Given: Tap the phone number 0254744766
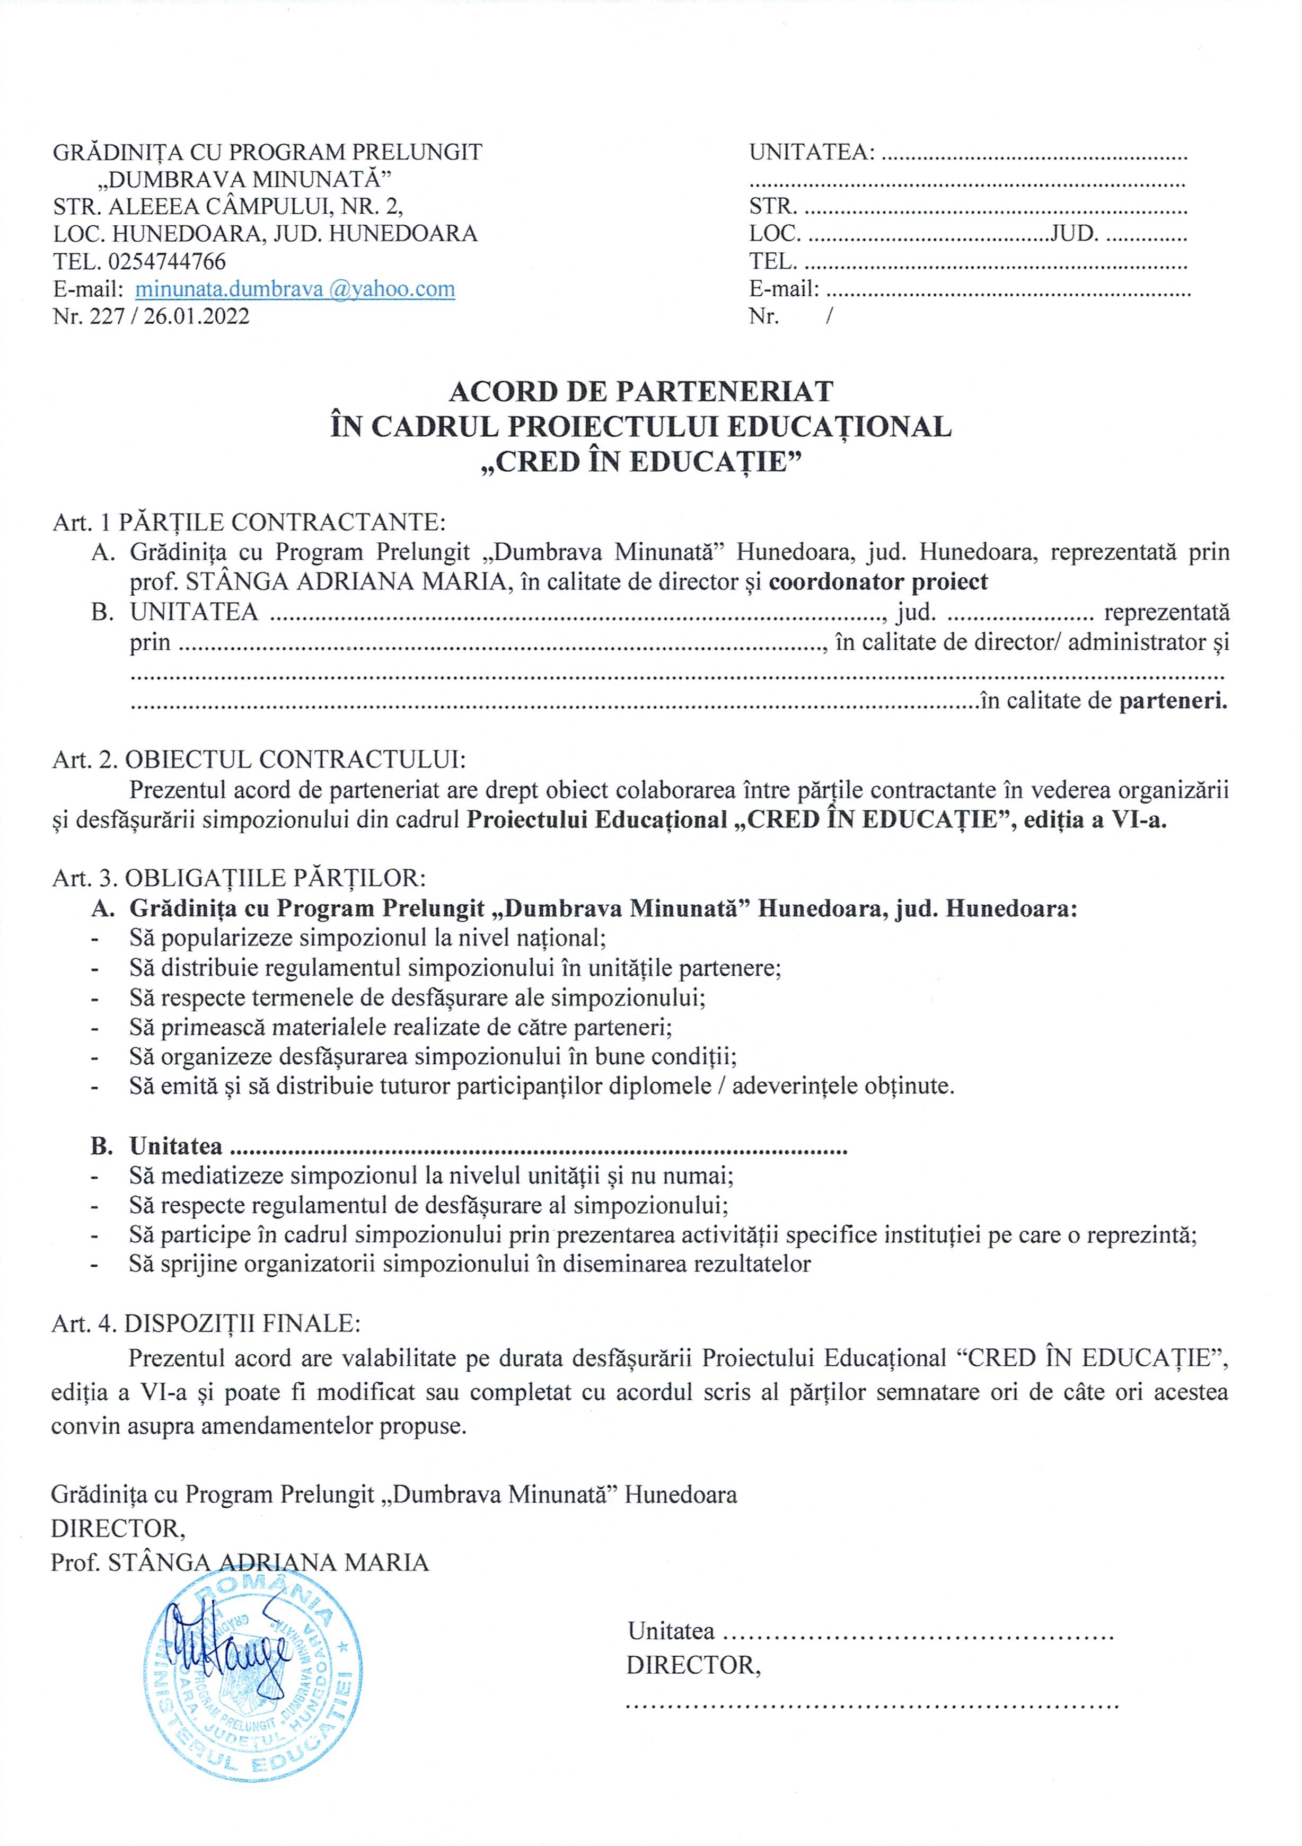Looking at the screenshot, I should click(x=166, y=261).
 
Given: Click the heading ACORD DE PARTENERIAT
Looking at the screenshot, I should click(x=641, y=392).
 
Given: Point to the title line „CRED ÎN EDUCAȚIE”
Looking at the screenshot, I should click(x=641, y=462).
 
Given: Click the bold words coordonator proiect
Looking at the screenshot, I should click(x=878, y=581).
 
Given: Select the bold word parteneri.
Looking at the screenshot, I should click(x=1173, y=701).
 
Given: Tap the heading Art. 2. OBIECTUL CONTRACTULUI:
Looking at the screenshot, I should click(x=259, y=760).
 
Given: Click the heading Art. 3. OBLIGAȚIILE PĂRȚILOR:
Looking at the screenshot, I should click(x=239, y=877).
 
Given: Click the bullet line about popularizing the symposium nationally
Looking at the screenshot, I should click(x=367, y=938).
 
